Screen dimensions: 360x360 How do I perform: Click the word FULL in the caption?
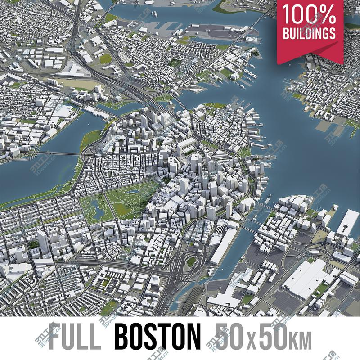tap(75, 337)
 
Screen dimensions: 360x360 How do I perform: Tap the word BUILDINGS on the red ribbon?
tap(309, 33)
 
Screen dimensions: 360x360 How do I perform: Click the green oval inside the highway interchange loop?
tap(192, 261)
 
